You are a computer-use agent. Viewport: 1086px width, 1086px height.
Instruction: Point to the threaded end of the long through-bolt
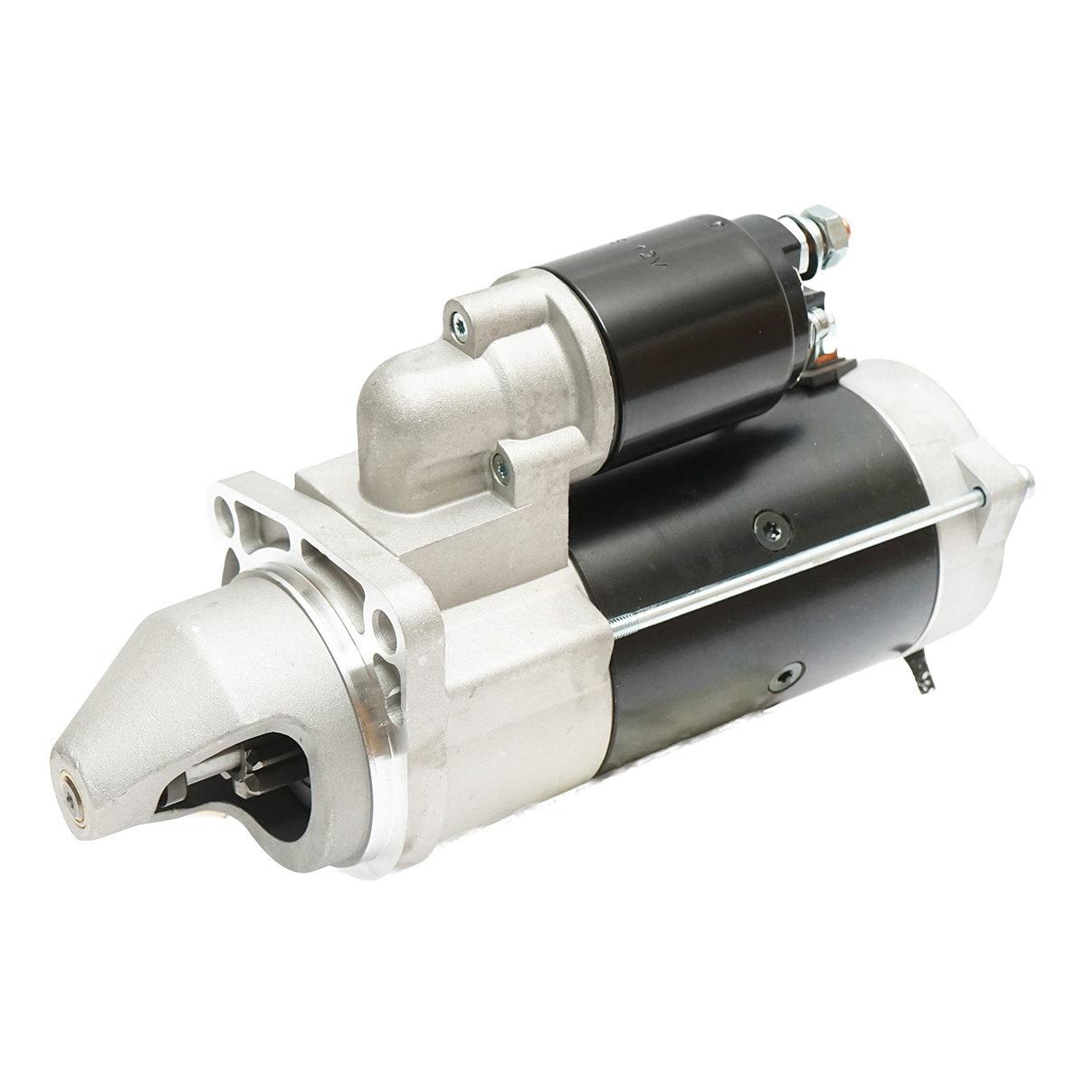(x=633, y=623)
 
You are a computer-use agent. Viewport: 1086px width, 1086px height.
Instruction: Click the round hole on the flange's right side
(x=384, y=624)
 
